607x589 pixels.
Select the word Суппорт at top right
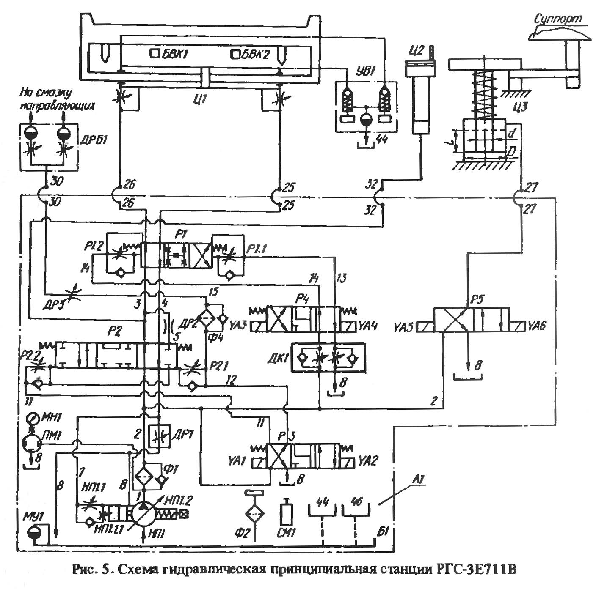tap(558, 19)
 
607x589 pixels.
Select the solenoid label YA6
tap(537, 326)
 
